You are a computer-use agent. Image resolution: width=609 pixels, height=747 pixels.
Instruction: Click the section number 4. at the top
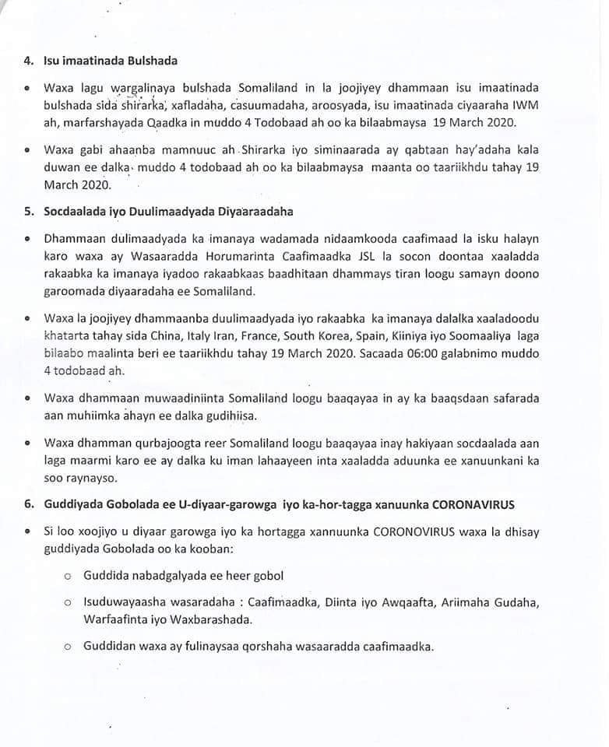[x=29, y=61]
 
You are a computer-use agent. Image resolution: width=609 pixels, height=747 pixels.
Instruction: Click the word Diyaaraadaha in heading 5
[x=252, y=212]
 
